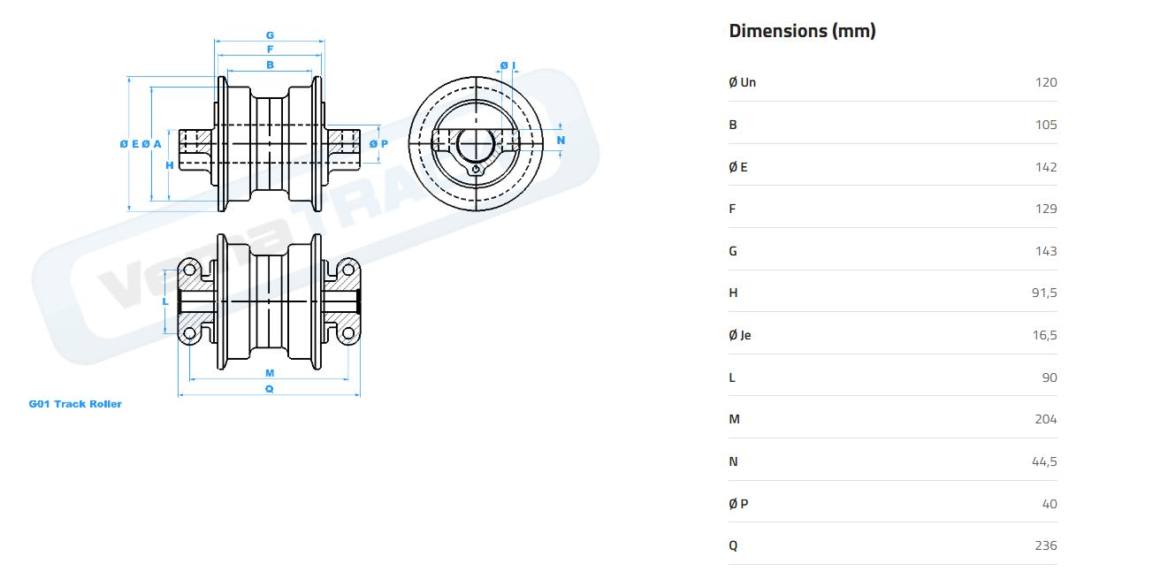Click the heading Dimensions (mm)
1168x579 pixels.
(x=802, y=31)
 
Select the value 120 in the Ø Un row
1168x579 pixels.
(x=1045, y=82)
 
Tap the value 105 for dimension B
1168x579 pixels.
(x=1045, y=125)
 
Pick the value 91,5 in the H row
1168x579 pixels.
(x=1043, y=293)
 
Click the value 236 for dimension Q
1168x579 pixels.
(x=1045, y=545)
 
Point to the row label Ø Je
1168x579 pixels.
(x=740, y=335)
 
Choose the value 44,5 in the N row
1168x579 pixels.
(x=1043, y=461)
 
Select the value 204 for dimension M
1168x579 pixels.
(x=1045, y=419)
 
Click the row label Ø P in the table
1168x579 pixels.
(x=738, y=504)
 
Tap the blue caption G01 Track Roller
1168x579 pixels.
(x=75, y=404)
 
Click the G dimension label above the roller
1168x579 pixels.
(x=270, y=36)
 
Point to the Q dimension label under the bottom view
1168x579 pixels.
(x=270, y=388)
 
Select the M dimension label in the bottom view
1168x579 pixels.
(x=270, y=373)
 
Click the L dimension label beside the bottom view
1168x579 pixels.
(x=165, y=301)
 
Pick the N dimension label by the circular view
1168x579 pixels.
(x=561, y=141)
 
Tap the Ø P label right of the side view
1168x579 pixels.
(x=378, y=143)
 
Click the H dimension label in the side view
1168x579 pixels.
(x=169, y=165)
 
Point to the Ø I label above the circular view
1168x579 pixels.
(x=508, y=65)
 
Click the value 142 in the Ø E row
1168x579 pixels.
(x=1045, y=167)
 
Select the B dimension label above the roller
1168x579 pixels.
(x=270, y=65)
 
